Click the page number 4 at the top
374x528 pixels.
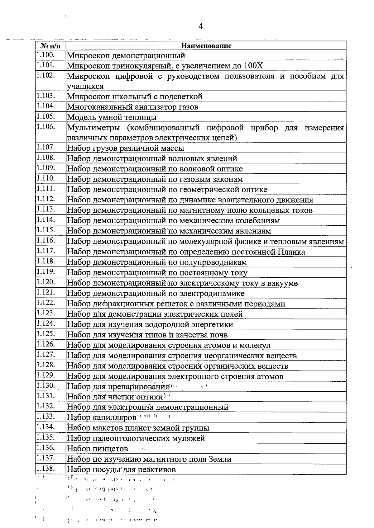(x=201, y=26)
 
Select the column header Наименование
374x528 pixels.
(x=206, y=46)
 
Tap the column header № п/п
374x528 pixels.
(x=50, y=46)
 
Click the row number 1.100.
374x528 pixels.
(x=46, y=55)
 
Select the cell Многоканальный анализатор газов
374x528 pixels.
(x=133, y=107)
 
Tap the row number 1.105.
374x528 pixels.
(x=46, y=117)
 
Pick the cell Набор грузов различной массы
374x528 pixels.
(x=126, y=148)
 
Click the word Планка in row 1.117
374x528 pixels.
(x=291, y=252)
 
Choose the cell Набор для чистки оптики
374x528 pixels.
(x=115, y=397)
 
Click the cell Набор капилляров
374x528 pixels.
(x=102, y=417)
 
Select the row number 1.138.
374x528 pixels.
(x=46, y=469)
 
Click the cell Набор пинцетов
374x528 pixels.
(x=98, y=449)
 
